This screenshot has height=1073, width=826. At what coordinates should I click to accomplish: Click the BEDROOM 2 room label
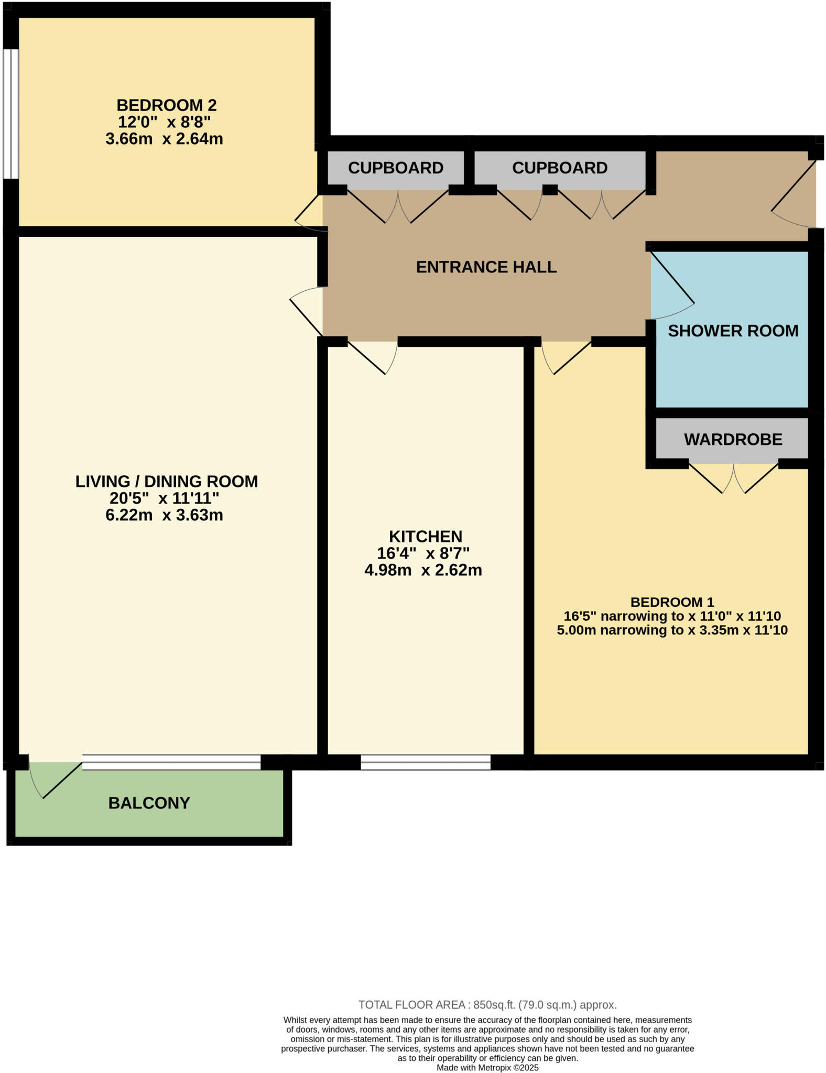[x=166, y=105]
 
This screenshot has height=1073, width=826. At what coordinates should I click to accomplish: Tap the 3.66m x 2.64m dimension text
[x=164, y=139]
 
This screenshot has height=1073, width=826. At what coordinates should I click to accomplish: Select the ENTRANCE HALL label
[x=486, y=267]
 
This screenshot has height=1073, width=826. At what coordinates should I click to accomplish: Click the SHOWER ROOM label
[x=733, y=331]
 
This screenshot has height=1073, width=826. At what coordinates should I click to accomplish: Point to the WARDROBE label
[x=733, y=439]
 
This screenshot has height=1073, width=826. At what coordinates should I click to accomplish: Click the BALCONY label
[x=149, y=803]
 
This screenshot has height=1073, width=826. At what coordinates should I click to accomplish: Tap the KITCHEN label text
[x=425, y=536]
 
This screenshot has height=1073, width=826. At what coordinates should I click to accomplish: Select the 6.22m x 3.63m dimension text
[x=164, y=515]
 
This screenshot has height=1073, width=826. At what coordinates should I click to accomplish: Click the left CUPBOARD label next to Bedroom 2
[x=396, y=168]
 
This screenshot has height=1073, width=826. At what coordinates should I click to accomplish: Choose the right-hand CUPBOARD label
[x=560, y=168]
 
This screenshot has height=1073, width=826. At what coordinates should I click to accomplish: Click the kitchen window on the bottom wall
[x=425, y=762]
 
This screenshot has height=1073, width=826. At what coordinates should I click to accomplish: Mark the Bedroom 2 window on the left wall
[x=10, y=114]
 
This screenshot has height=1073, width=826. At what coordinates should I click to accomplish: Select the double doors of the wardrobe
[x=733, y=478]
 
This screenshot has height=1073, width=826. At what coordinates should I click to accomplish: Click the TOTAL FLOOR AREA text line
[x=487, y=1004]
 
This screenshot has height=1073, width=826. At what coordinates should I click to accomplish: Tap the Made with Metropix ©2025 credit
[x=487, y=1068]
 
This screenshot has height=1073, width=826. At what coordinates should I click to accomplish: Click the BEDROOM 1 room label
[x=672, y=602]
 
